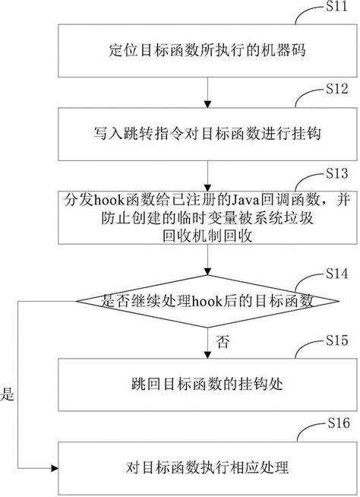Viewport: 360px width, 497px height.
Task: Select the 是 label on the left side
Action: [9, 395]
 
